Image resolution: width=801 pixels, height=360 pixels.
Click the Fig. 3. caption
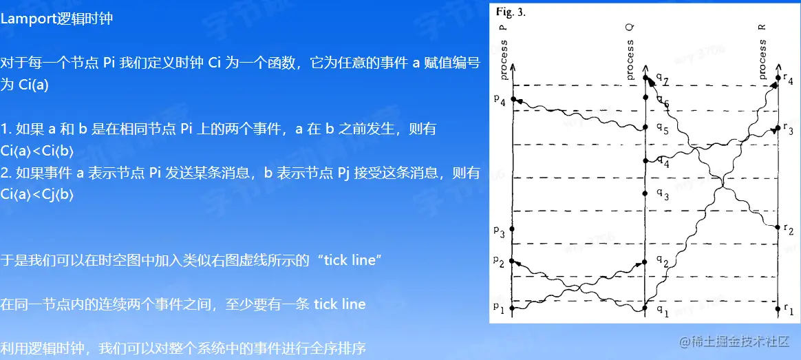coord(510,12)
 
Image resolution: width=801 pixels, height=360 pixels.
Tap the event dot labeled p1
coord(513,308)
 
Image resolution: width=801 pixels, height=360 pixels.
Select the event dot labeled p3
coord(513,229)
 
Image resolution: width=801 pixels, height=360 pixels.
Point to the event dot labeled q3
coord(645,193)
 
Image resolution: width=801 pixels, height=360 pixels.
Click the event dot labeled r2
coord(778,226)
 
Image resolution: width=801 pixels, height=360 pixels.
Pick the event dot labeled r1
coord(778,308)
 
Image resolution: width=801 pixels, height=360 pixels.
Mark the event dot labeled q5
coord(645,127)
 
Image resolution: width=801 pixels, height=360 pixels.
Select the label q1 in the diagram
coord(661,313)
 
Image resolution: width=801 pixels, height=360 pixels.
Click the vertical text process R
coord(762,52)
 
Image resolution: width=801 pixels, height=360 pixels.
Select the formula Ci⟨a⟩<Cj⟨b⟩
coord(37,195)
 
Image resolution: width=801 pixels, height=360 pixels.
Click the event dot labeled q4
coord(645,161)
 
